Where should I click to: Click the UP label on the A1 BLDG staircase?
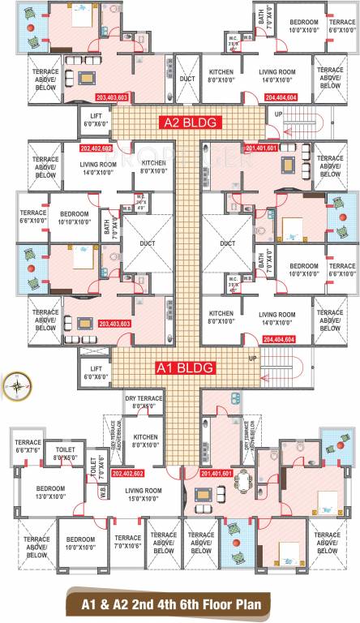click(252, 358)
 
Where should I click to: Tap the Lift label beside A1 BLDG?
click(90, 372)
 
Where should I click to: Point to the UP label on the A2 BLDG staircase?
click(279, 114)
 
